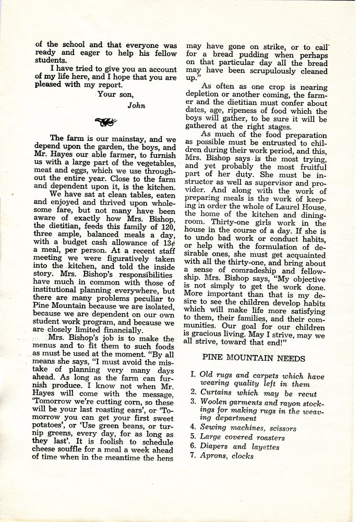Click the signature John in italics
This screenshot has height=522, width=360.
pyautogui.click(x=136, y=104)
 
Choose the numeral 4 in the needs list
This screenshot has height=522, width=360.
pyautogui.click(x=193, y=429)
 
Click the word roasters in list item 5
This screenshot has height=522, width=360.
pyautogui.click(x=267, y=437)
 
